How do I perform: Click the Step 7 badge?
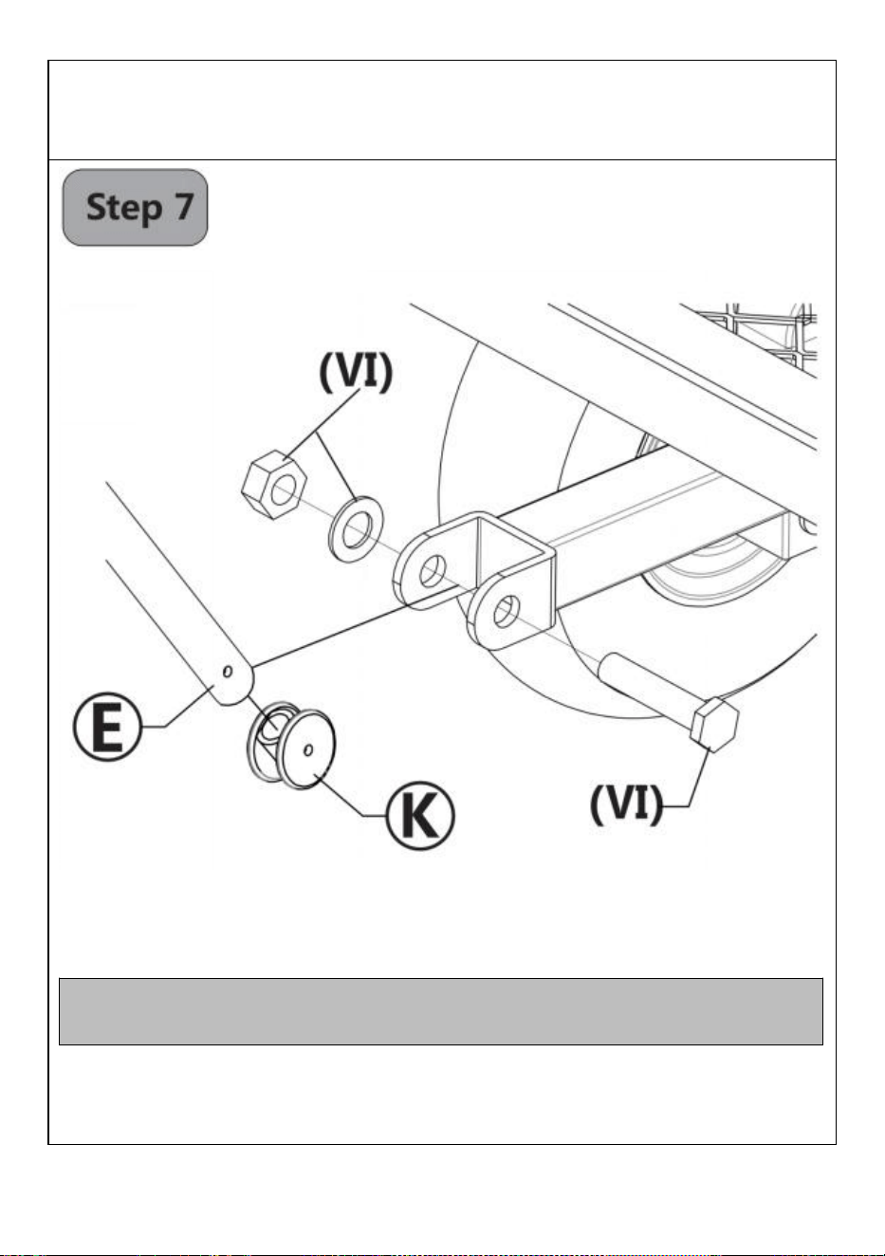(135, 208)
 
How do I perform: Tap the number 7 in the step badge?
(182, 206)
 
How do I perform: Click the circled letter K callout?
(420, 815)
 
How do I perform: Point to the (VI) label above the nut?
(356, 372)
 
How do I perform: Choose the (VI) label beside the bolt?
(626, 805)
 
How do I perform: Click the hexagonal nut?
(274, 484)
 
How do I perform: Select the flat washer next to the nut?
(356, 527)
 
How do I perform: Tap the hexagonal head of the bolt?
(715, 724)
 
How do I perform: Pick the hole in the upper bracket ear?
(432, 571)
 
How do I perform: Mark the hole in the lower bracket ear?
(506, 612)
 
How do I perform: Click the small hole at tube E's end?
(227, 672)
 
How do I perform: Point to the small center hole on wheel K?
(308, 749)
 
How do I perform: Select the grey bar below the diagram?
(441, 1011)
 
